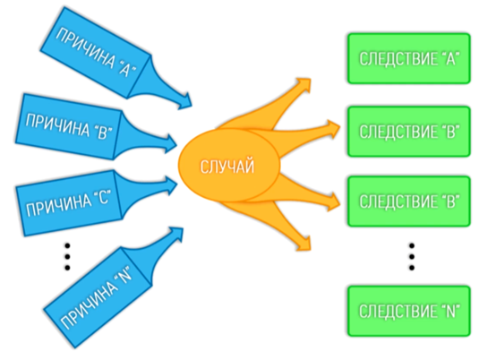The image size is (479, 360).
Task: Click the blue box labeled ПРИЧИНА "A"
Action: click(x=95, y=53)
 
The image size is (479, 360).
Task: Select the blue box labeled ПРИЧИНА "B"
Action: click(x=69, y=126)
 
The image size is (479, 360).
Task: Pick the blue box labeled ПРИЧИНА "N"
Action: click(x=98, y=297)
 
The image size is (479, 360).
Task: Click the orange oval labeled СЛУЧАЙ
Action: click(x=229, y=166)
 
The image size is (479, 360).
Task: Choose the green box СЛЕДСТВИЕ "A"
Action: click(x=409, y=58)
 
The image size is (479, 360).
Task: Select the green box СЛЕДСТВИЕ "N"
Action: click(x=409, y=311)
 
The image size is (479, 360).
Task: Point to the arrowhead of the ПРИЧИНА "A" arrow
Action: click(x=185, y=101)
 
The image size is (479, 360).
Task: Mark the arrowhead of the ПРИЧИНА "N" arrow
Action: click(x=176, y=235)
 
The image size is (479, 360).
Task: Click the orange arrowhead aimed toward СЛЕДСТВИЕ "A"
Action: click(x=304, y=85)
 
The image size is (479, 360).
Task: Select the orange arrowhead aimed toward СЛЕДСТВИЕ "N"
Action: click(x=304, y=244)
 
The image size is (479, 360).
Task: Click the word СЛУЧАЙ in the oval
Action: click(x=227, y=167)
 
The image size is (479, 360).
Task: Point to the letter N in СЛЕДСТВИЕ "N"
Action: click(x=451, y=312)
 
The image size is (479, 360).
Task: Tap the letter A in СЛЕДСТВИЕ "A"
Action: click(x=451, y=59)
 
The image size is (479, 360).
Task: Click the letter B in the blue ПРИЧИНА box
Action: click(x=101, y=133)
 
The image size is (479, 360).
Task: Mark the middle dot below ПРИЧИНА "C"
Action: click(x=67, y=257)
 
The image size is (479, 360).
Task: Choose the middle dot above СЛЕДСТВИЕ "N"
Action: click(x=412, y=257)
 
